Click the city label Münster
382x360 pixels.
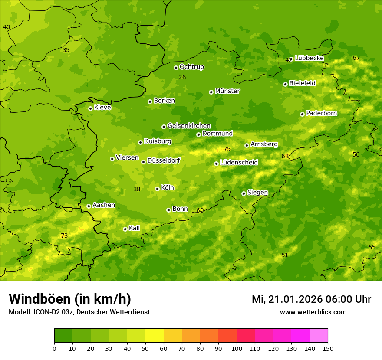[227, 91]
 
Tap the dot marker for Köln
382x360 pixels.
[157, 189]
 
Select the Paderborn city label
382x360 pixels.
[321, 113]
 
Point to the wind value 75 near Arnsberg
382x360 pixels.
[227, 149]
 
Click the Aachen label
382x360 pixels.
[104, 205]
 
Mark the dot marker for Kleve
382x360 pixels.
[90, 108]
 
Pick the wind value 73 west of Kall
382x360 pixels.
[64, 236]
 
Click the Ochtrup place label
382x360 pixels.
[191, 67]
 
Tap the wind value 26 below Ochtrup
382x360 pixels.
[182, 78]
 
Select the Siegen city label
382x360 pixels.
[257, 193]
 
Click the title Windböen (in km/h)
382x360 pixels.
[70, 299]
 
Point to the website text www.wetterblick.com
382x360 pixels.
[313, 312]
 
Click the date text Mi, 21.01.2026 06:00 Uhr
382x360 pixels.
[311, 299]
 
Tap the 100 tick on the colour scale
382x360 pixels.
[237, 348]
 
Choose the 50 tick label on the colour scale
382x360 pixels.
[145, 348]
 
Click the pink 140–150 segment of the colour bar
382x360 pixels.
[319, 336]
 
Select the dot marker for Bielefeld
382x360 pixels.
[285, 84]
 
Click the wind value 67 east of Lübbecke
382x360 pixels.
[356, 58]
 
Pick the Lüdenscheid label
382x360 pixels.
[239, 163]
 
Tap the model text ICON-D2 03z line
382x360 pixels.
[79, 312]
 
